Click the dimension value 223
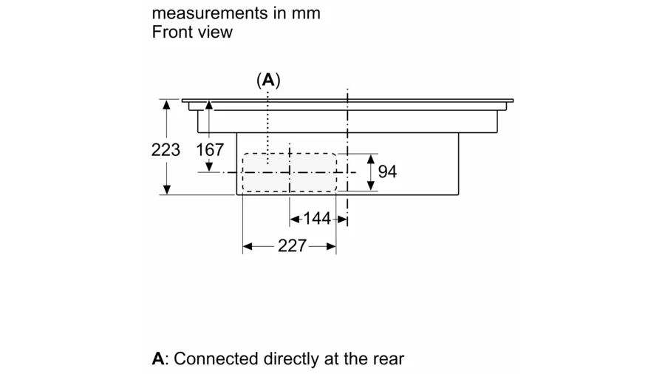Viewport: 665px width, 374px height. pyautogui.click(x=166, y=149)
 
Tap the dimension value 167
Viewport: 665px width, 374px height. pyautogui.click(x=210, y=150)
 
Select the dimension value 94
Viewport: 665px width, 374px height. pyautogui.click(x=387, y=171)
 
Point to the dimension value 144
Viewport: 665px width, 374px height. pyautogui.click(x=317, y=219)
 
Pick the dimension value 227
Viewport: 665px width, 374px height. pyautogui.click(x=292, y=246)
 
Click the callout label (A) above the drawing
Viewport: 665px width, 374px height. pyautogui.click(x=268, y=81)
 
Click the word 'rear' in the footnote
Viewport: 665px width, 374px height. pyautogui.click(x=387, y=359)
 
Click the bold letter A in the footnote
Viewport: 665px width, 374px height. pyautogui.click(x=157, y=359)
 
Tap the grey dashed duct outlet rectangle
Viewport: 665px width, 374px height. pyautogui.click(x=289, y=171)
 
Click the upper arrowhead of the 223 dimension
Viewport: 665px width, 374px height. pyautogui.click(x=168, y=105)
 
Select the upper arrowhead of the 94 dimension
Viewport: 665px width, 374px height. pyautogui.click(x=371, y=159)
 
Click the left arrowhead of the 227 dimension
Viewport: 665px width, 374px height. pyautogui.click(x=248, y=246)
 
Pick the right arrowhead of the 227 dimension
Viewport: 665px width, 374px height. pyautogui.click(x=331, y=246)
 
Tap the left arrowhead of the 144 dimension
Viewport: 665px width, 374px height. pyautogui.click(x=295, y=219)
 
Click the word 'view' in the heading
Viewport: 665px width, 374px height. pyautogui.click(x=214, y=32)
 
